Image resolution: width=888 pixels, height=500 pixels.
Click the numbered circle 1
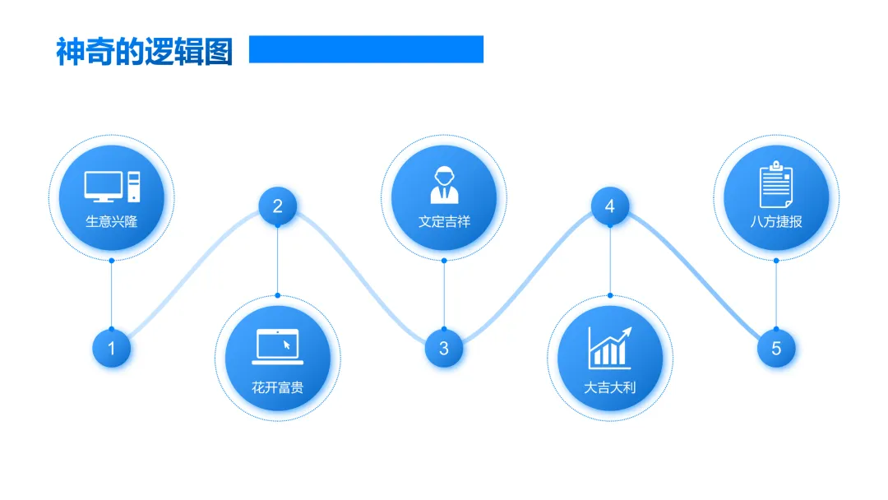[111, 348]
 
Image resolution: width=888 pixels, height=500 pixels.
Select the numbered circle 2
[277, 206]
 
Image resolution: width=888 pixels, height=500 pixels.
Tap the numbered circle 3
[443, 348]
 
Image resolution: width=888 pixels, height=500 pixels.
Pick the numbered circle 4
[609, 206]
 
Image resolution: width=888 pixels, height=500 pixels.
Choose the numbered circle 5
[775, 348]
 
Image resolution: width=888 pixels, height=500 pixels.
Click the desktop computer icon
[112, 187]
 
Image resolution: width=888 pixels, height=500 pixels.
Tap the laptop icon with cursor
[277, 346]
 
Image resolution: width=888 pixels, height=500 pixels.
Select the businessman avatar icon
[443, 185]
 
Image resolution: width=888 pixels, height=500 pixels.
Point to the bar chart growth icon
[609, 347]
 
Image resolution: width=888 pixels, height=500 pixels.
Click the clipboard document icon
[775, 185]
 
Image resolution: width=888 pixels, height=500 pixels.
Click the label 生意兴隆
[112, 221]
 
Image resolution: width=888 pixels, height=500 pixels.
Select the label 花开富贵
[277, 387]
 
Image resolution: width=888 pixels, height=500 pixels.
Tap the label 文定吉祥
[443, 221]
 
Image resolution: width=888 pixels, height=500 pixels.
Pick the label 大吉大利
[609, 387]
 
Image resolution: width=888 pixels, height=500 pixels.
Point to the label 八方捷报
[775, 221]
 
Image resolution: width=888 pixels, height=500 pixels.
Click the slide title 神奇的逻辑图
[145, 51]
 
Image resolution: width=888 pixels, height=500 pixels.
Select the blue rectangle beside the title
[366, 49]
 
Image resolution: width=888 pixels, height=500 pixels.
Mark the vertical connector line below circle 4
[609, 260]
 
